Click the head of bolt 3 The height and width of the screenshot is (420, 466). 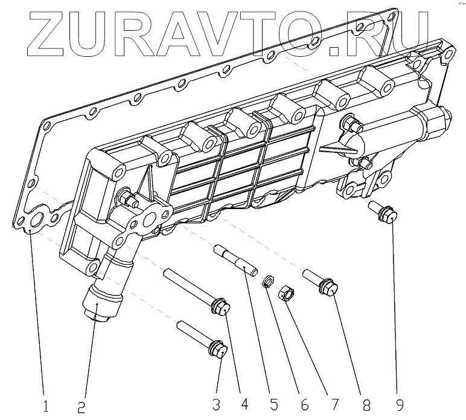click(218, 349)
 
